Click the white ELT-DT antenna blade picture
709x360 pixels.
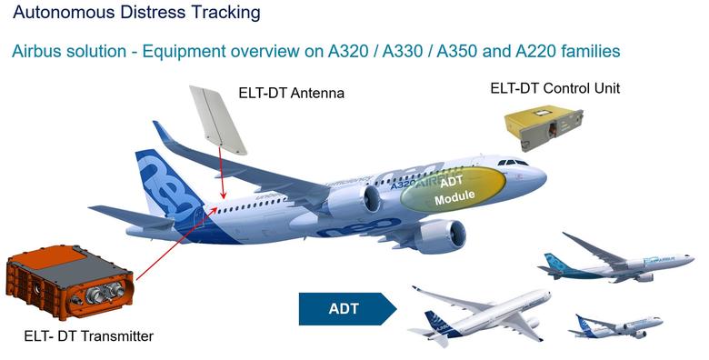(x=218, y=118)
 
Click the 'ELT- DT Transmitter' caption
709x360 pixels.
(x=88, y=336)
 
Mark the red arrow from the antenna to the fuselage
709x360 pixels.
(x=222, y=177)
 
